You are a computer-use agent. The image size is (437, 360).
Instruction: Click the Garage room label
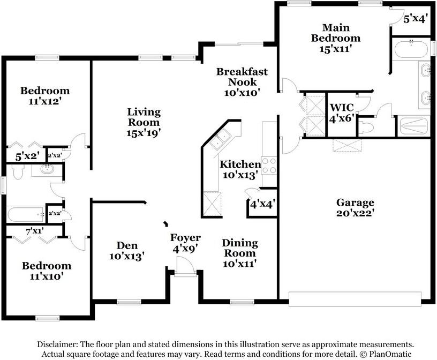pyautogui.click(x=355, y=207)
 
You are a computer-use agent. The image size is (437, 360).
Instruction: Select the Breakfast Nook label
pyautogui.click(x=242, y=81)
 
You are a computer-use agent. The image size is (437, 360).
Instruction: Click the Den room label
pyautogui.click(x=127, y=251)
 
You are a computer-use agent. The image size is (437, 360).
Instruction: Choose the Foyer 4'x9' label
pyautogui.click(x=185, y=243)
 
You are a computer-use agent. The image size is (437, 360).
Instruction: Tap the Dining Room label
pyautogui.click(x=240, y=253)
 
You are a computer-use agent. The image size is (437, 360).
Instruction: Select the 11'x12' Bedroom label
pyautogui.click(x=45, y=95)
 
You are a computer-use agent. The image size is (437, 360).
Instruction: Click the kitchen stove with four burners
pyautogui.click(x=268, y=166)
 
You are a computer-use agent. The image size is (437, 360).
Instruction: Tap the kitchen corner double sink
pyautogui.click(x=220, y=141)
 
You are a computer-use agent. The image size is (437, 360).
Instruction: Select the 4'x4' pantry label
pyautogui.click(x=261, y=205)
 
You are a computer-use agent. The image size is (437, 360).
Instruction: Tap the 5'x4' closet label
pyautogui.click(x=416, y=18)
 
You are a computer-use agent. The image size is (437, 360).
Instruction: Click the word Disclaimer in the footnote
pyautogui.click(x=57, y=344)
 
